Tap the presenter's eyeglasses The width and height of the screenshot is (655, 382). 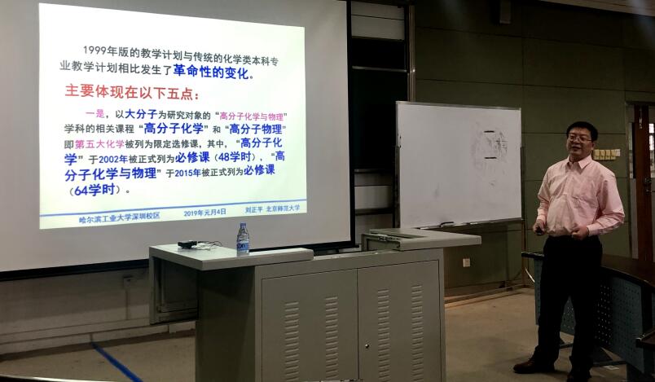[x=580, y=139]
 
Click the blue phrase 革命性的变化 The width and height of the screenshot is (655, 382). [x=211, y=71]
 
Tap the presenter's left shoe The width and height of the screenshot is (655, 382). [x=534, y=366]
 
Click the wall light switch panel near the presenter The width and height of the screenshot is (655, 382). [x=605, y=154]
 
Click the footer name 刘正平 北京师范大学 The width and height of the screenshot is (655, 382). [x=272, y=209]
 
